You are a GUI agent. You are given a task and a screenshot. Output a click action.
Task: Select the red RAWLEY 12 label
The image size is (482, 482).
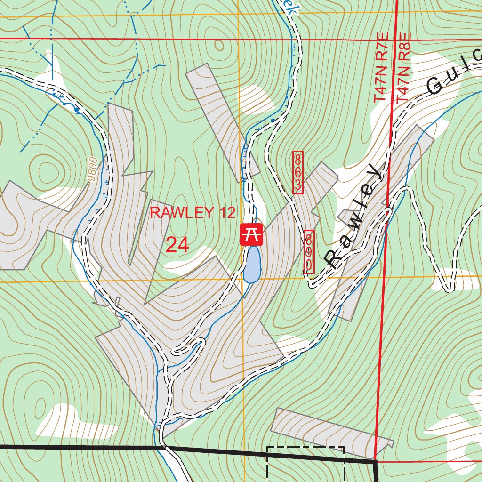coord(192,212)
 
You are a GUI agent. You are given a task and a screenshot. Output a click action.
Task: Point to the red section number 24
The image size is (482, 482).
coord(177,245)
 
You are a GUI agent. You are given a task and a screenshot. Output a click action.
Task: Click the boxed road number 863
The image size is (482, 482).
coord(297,172)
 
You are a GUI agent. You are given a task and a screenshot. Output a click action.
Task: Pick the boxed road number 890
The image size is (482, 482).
coord(309,251)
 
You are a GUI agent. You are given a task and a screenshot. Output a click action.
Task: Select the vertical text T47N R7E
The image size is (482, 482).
coord(381,68)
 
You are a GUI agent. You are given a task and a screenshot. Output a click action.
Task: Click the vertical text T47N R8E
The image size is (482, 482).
coord(403,68)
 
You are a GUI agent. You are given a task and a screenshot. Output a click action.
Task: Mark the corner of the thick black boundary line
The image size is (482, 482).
coord(376,462)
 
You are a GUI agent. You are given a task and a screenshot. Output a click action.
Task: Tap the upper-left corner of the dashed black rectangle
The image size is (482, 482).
coord(267,448)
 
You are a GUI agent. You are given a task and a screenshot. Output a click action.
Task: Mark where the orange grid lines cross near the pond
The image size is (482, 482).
coord(243,281)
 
